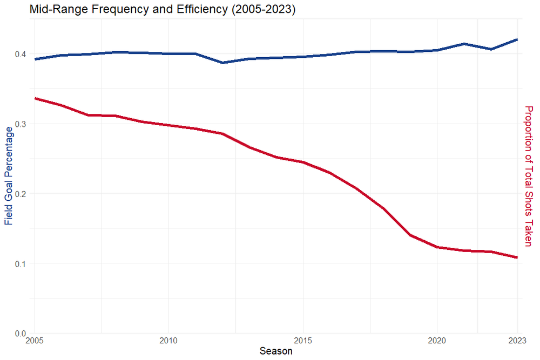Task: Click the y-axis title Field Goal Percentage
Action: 9,175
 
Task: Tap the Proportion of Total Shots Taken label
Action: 529,175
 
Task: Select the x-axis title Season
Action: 276,351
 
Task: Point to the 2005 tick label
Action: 35,341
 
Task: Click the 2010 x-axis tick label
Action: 168,341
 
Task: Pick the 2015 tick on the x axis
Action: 302,341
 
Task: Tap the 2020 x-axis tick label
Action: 436,341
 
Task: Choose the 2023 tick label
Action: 516,341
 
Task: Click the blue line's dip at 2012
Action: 222,63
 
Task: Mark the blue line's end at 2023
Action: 517,39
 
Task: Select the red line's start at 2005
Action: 35,98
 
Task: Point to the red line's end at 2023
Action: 517,257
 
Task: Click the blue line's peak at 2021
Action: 463,44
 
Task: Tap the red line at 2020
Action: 436,247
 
